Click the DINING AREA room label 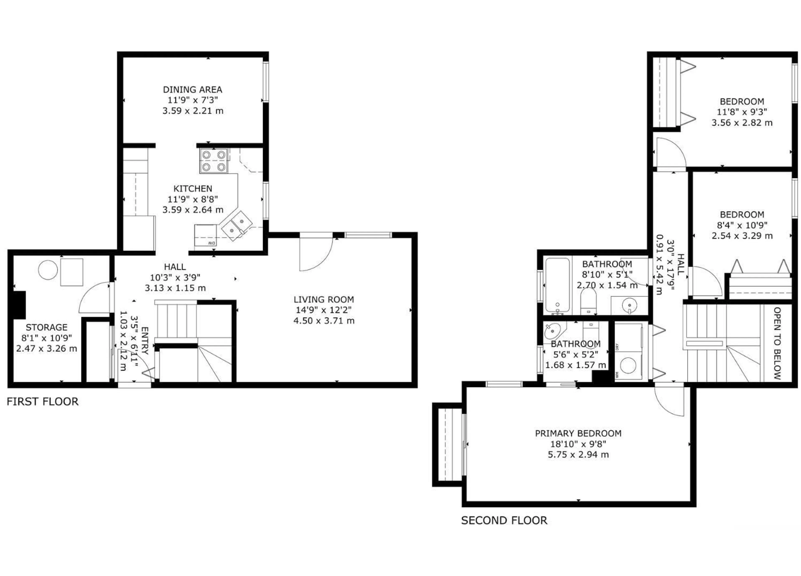click(193, 90)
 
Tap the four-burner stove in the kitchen click(213, 161)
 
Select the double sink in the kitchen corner click(237, 226)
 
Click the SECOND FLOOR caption click(504, 520)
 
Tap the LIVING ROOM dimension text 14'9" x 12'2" click(324, 310)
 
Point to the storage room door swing click(95, 298)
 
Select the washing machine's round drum click(628, 365)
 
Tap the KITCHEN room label click(193, 189)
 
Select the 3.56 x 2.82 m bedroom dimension click(742, 123)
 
